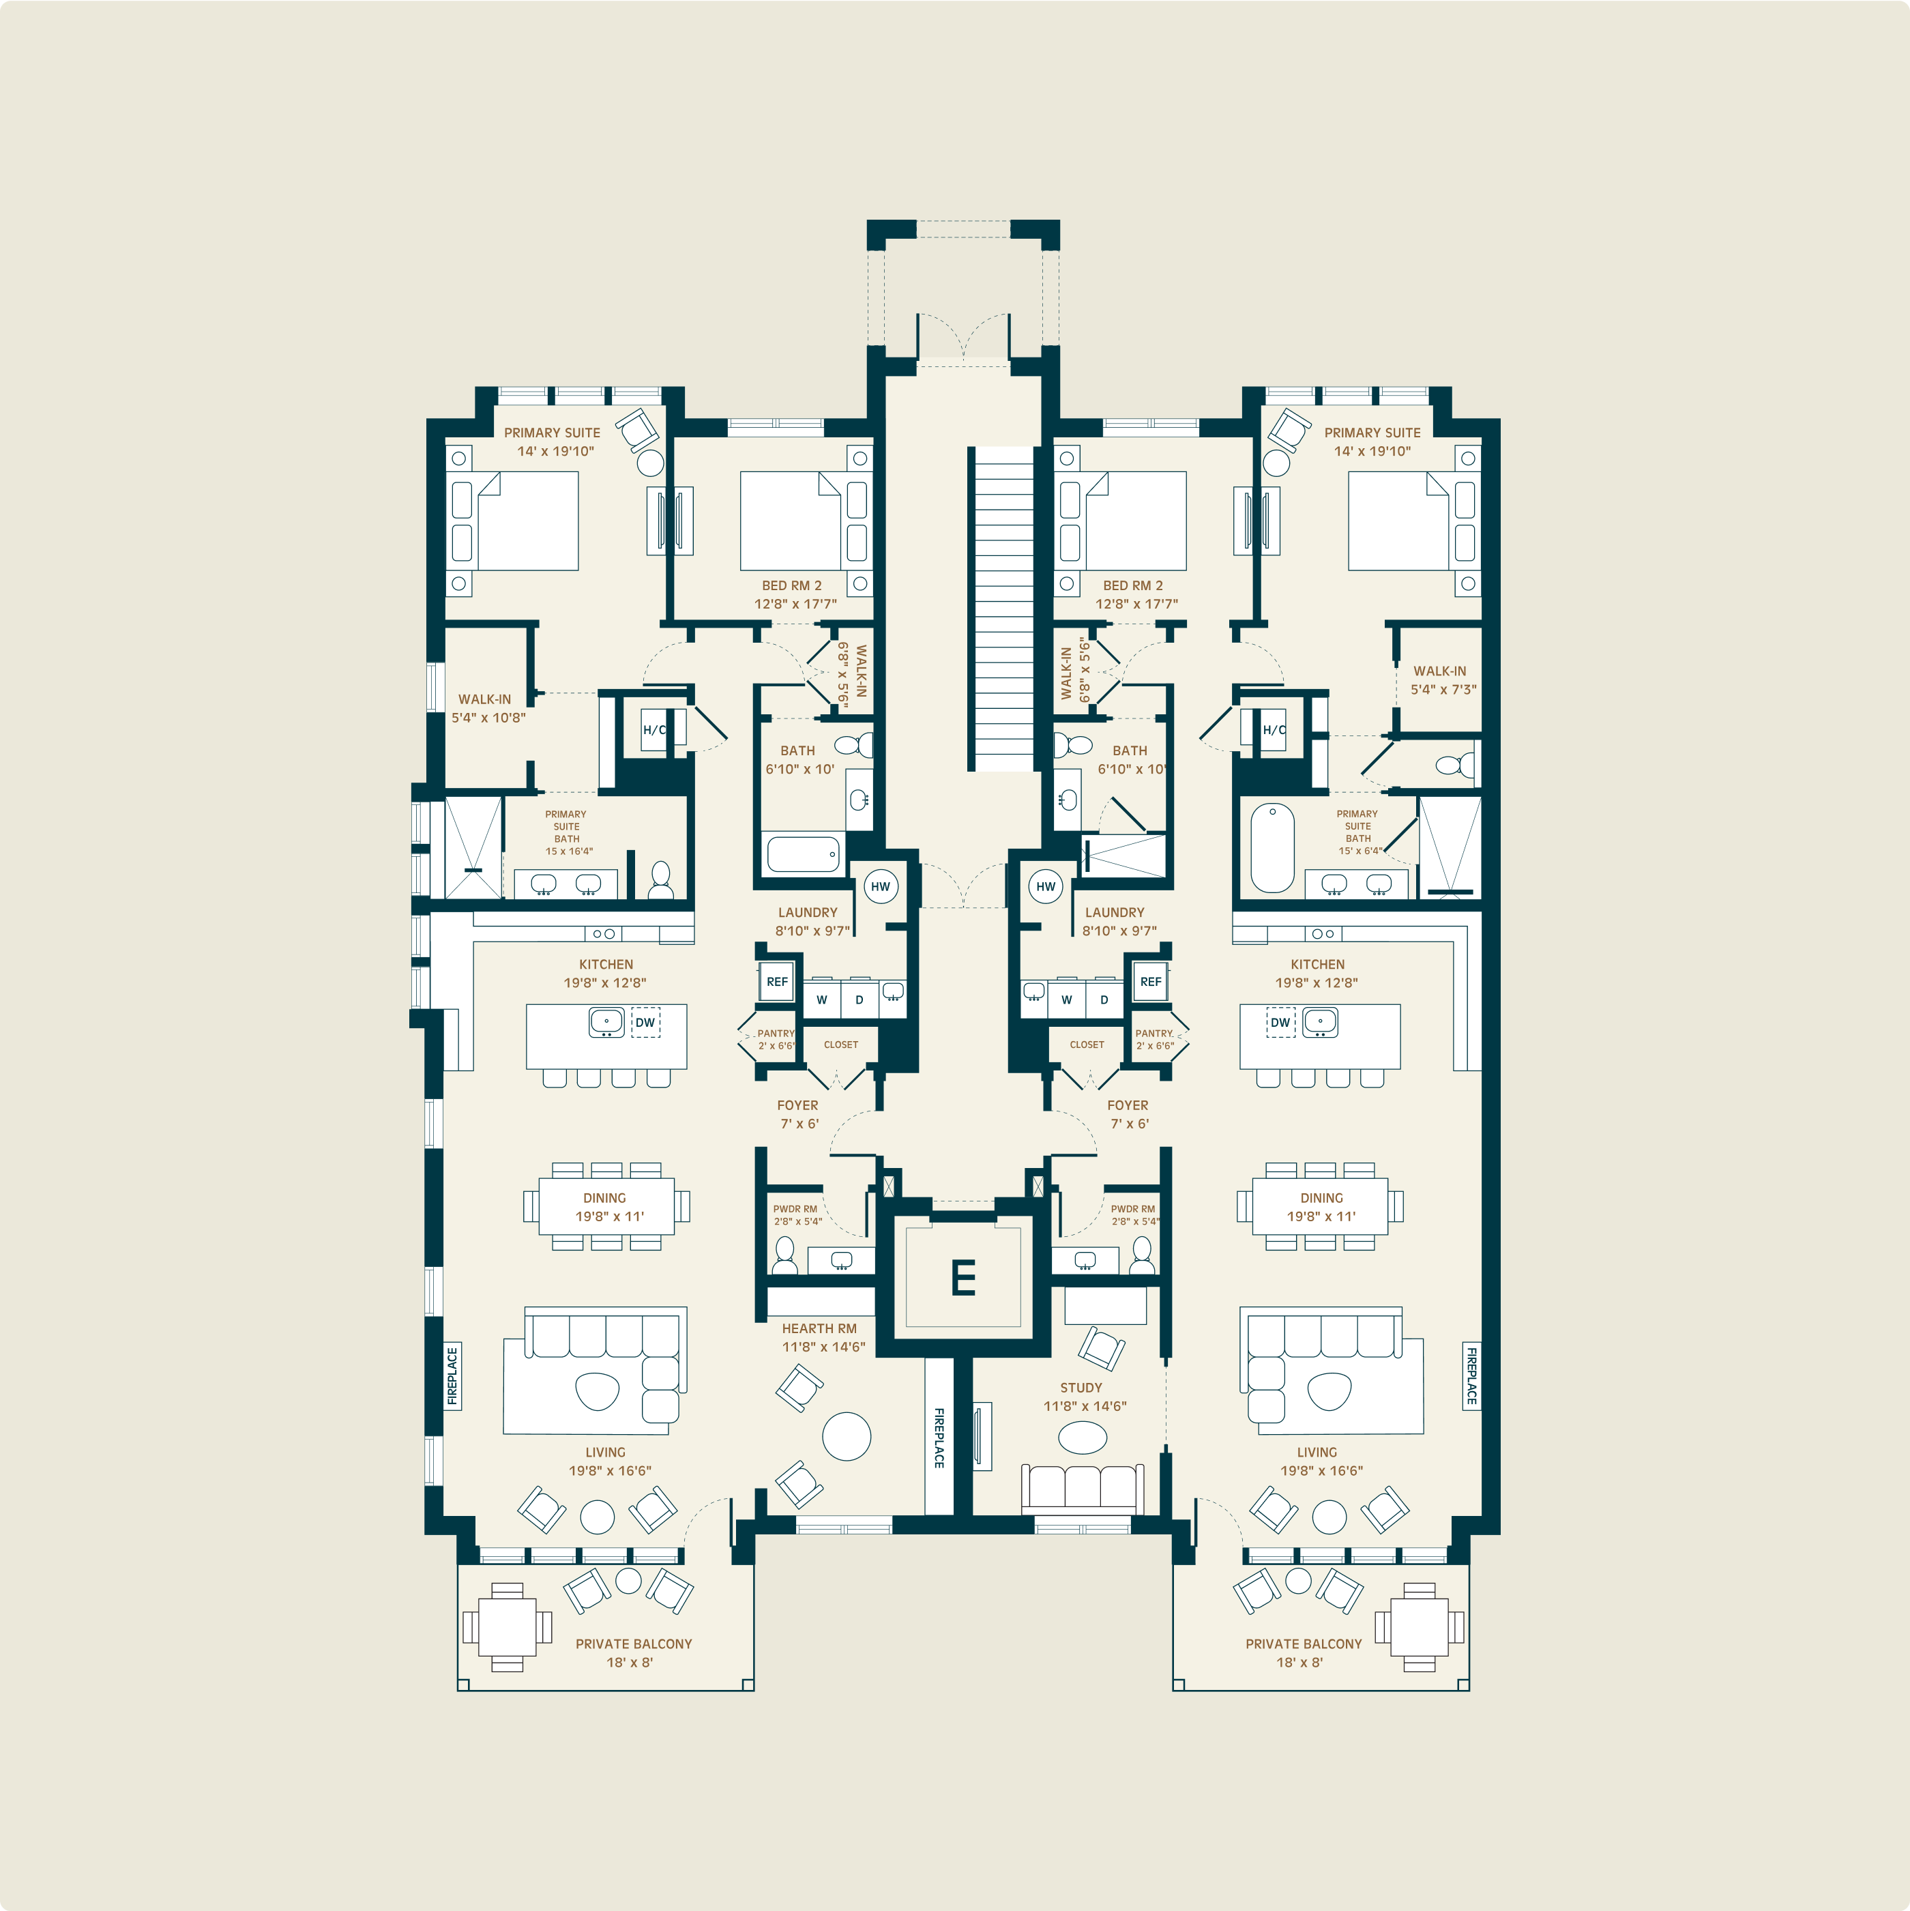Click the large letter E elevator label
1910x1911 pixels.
[x=963, y=1278]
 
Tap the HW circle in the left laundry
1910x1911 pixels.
[x=881, y=886]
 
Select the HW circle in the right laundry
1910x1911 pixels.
[x=1046, y=886]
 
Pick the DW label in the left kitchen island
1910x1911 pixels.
[x=645, y=1023]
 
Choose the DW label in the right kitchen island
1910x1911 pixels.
[x=1280, y=1023]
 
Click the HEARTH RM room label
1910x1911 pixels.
[x=819, y=1328]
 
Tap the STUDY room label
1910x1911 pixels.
[x=1081, y=1388]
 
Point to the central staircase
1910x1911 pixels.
[x=1003, y=609]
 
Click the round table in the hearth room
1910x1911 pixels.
[x=847, y=1436]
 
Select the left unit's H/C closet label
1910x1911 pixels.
[x=653, y=731]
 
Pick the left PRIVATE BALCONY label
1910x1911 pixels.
[x=634, y=1644]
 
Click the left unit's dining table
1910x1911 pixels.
[x=606, y=1207]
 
